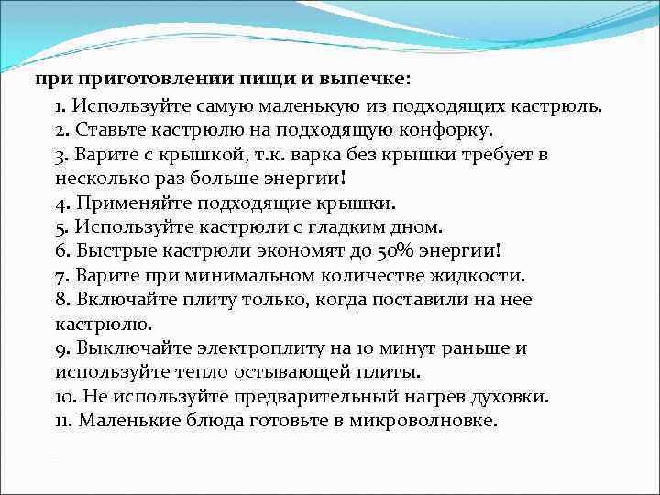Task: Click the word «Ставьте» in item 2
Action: click(105, 129)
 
